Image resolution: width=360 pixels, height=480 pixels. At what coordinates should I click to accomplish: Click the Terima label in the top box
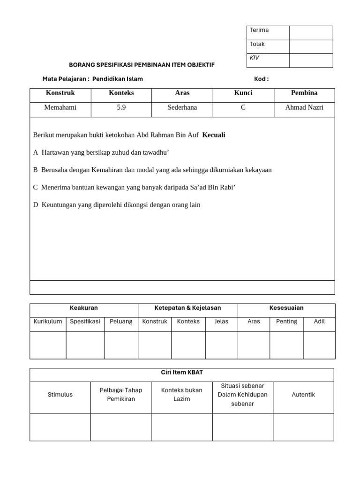tap(259, 30)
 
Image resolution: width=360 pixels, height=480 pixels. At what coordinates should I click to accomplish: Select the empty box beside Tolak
tap(311, 46)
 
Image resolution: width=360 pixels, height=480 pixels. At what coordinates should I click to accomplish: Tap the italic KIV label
tap(255, 58)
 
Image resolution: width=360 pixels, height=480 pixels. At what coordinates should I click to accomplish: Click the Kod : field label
tap(261, 79)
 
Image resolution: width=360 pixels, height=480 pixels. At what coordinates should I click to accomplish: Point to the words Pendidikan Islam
tap(118, 79)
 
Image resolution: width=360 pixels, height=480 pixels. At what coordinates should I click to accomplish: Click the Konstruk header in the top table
tap(60, 93)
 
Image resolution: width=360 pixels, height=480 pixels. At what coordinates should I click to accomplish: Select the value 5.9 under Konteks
tap(121, 107)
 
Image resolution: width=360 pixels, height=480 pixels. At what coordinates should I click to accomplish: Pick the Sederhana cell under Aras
tap(182, 107)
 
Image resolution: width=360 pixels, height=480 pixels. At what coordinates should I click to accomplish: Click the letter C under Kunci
tap(243, 107)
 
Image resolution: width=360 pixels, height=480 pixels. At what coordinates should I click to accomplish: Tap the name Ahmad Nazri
tap(304, 107)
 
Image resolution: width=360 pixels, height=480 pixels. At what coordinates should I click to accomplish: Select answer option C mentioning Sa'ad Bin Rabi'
tap(134, 187)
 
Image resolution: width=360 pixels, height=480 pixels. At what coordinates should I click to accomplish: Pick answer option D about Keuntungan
tap(117, 204)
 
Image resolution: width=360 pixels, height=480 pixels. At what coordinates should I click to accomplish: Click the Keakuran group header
tap(83, 308)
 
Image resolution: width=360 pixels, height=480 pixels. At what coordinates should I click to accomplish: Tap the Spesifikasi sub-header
tap(85, 322)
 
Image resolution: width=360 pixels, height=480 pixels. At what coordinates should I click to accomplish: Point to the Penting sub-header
tap(286, 322)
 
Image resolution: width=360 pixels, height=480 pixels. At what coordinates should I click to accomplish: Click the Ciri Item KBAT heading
tap(182, 372)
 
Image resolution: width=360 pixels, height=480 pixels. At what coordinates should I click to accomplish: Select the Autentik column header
tap(303, 395)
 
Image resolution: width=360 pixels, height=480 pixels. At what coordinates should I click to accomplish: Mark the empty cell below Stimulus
tap(60, 427)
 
